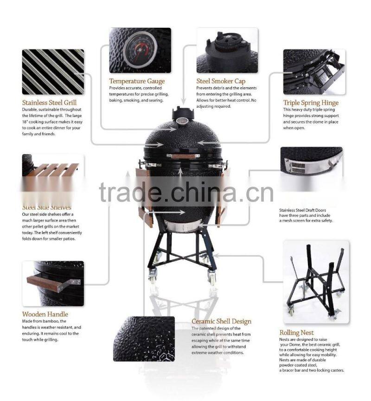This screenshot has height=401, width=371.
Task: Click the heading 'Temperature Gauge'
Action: (x=137, y=81)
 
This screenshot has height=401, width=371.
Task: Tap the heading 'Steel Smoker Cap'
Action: (x=221, y=81)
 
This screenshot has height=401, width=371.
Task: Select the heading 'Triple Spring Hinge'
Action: (x=311, y=103)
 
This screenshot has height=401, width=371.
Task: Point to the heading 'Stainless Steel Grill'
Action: (x=50, y=103)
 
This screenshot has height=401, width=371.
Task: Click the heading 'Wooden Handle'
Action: (x=45, y=314)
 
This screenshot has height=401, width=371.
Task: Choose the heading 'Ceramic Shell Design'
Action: (x=222, y=321)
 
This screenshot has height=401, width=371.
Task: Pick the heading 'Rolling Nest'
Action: (x=296, y=332)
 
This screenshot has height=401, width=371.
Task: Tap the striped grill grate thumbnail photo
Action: (x=53, y=71)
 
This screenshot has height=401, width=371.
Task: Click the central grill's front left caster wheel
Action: (x=152, y=279)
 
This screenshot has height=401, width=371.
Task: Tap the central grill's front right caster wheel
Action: (x=212, y=279)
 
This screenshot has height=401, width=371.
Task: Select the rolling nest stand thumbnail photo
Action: (x=316, y=281)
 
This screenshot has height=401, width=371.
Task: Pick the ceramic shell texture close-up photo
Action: (x=144, y=338)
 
